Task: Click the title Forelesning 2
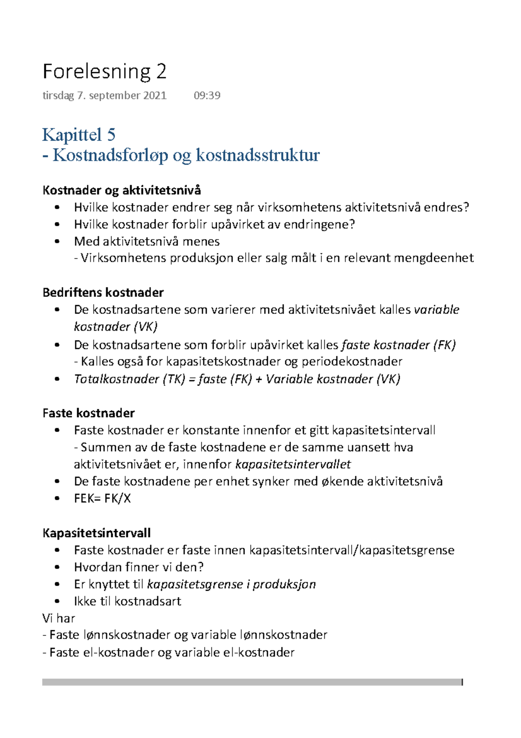[x=104, y=71]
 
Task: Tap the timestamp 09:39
[x=207, y=96]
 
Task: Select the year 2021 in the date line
[x=155, y=96]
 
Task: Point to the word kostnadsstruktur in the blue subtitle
[x=258, y=155]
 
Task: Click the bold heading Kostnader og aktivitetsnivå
[x=122, y=190]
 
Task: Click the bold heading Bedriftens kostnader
[x=103, y=292]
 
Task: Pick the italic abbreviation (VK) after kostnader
[x=146, y=326]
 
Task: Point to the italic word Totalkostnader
[x=117, y=379]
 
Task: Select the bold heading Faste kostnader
[x=89, y=413]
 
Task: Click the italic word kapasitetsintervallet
[x=293, y=464]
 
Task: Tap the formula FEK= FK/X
[x=102, y=498]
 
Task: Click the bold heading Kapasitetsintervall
[x=96, y=533]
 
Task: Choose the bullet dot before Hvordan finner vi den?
[x=57, y=567]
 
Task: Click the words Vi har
[x=59, y=618]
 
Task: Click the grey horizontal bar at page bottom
[x=252, y=682]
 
